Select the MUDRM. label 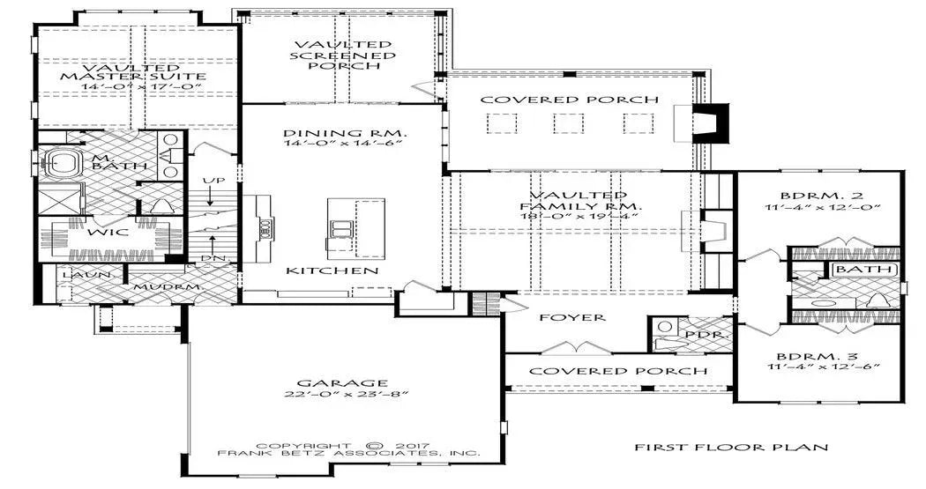pos(159,287)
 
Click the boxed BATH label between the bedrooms pos(864,270)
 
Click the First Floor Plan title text pos(731,447)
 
